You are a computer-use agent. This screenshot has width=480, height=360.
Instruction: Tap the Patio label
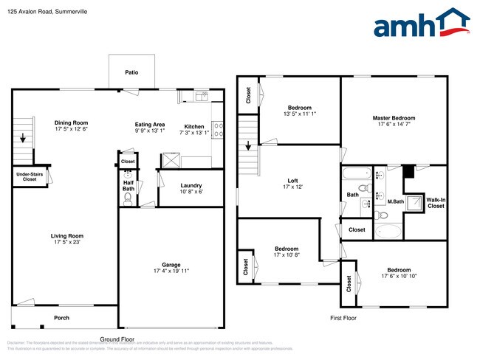tap(131, 72)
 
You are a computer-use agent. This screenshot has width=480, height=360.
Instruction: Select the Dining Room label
tap(71, 122)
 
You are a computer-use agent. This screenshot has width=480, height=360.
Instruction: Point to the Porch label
tap(61, 318)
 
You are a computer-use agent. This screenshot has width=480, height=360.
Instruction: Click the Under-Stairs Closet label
tap(30, 176)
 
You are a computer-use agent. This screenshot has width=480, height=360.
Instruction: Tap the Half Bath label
tap(128, 185)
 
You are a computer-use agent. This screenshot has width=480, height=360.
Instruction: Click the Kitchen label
tap(194, 126)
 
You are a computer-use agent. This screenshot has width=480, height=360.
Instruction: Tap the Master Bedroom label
tap(394, 118)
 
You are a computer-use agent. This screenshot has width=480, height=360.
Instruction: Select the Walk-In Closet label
tap(436, 202)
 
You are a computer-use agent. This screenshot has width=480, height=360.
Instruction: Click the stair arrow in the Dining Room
tap(23, 137)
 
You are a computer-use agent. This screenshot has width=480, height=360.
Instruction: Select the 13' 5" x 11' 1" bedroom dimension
tap(299, 114)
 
